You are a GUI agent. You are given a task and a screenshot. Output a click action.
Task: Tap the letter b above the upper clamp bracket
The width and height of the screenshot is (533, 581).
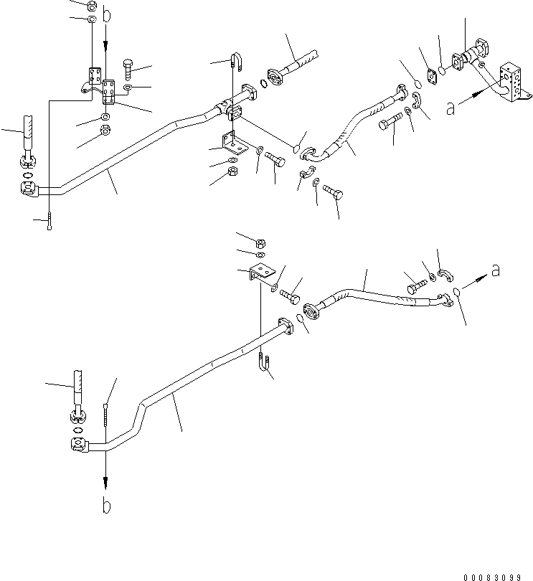tap(107, 14)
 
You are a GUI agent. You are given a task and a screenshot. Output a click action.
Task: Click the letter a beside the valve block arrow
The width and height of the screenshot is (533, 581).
tap(450, 108)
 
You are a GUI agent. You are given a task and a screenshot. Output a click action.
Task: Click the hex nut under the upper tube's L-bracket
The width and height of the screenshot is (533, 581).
tap(232, 172)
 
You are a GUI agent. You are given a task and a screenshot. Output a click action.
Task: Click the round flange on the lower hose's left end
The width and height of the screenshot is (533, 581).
tap(313, 313)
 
